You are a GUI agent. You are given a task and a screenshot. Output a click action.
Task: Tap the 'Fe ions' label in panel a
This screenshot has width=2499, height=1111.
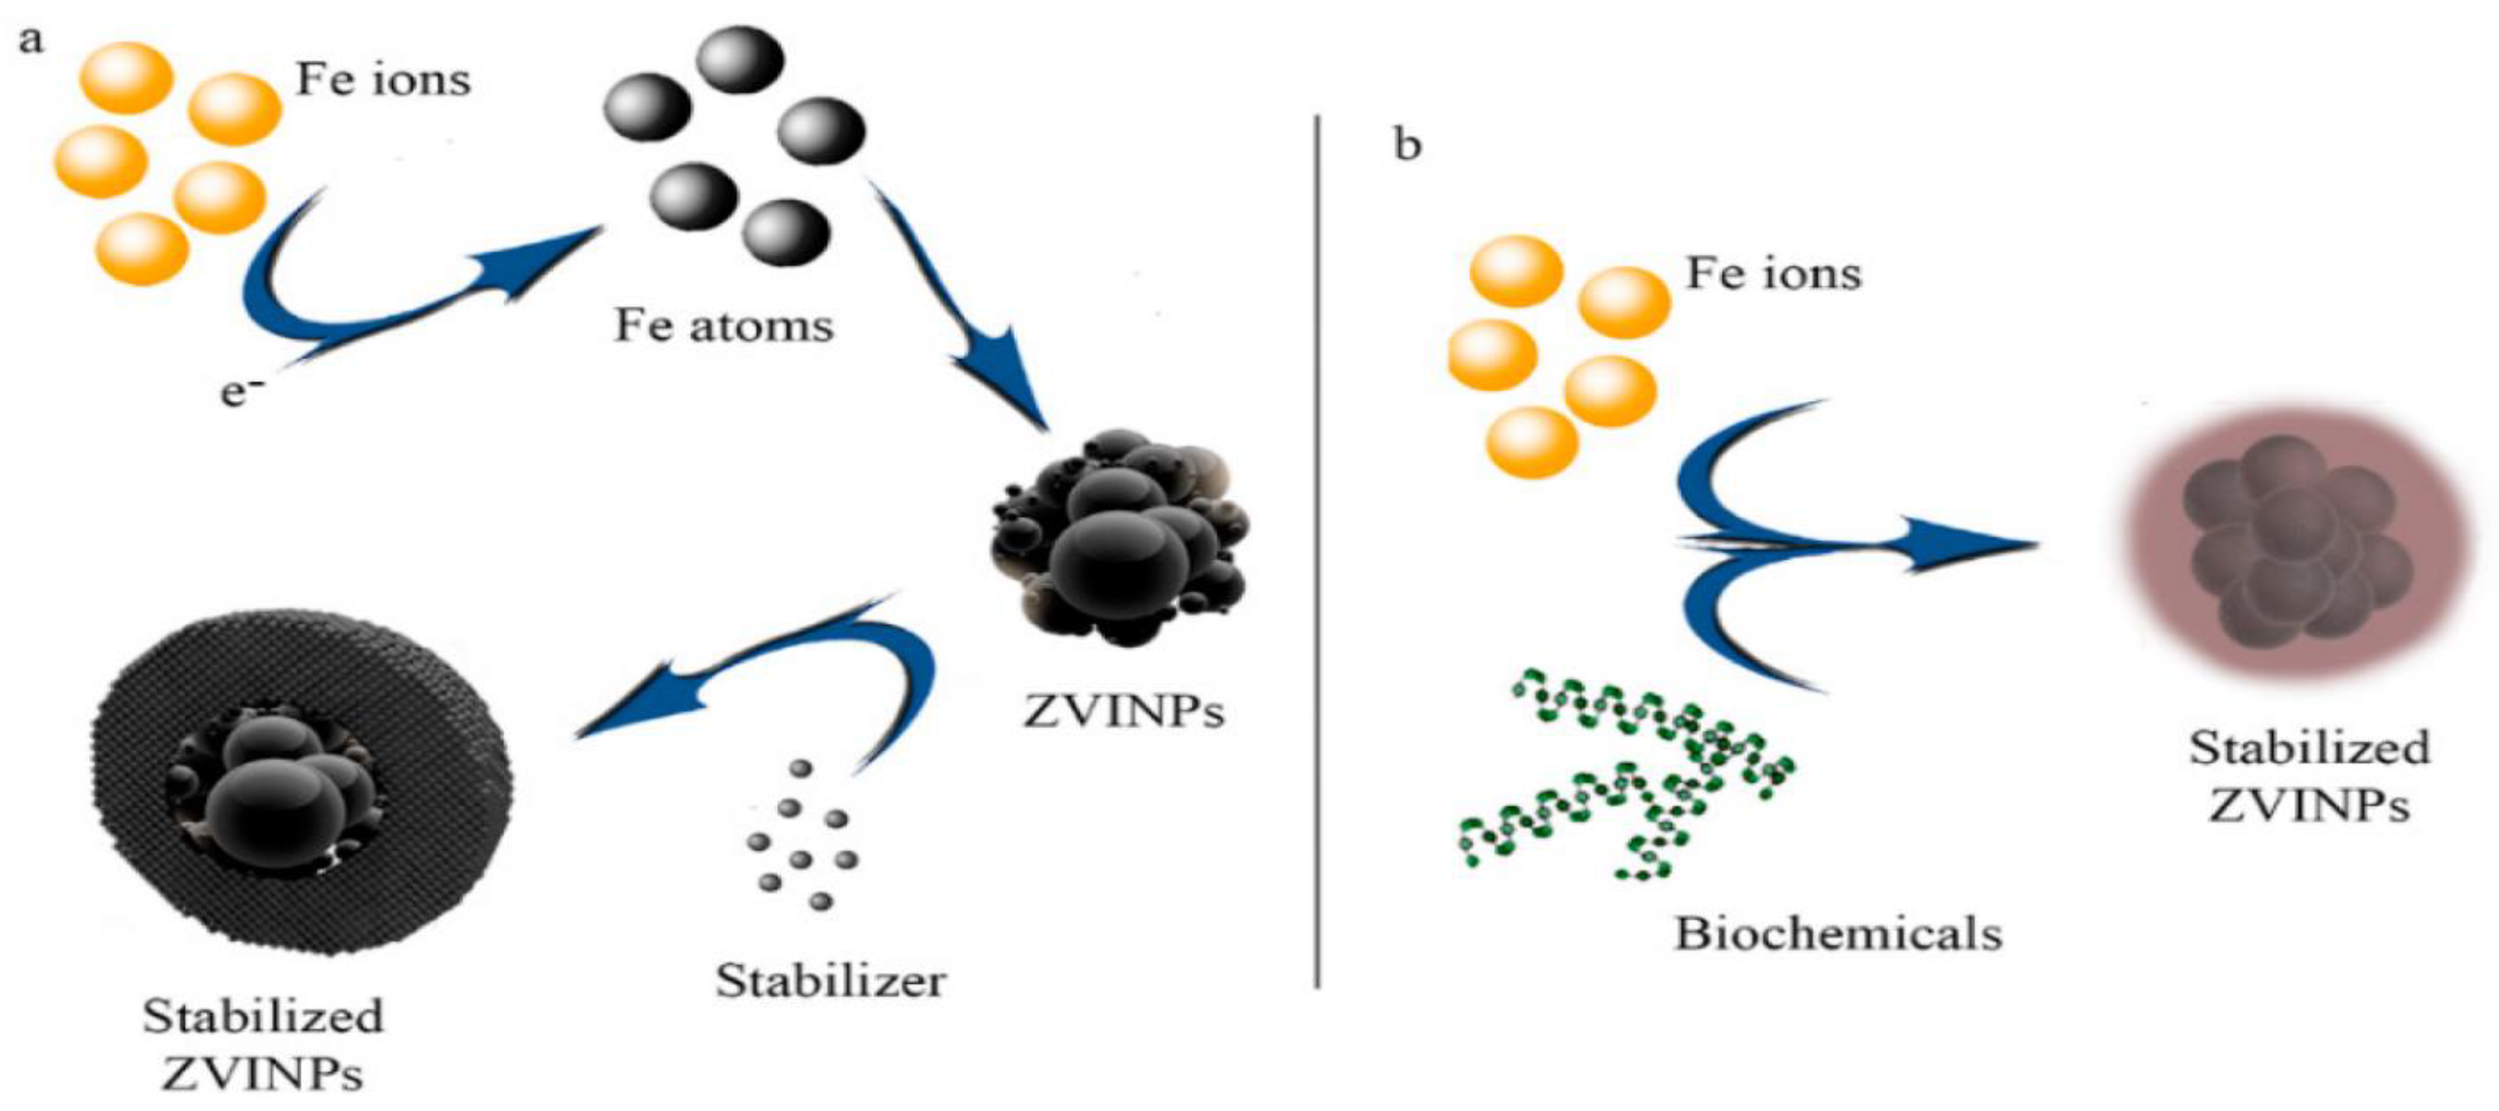(383, 80)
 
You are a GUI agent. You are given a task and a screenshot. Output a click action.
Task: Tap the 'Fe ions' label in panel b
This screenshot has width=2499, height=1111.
(1774, 273)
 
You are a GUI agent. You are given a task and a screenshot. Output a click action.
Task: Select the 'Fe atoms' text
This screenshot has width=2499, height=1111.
(723, 326)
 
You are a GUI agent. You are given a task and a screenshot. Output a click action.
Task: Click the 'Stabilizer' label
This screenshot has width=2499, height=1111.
(831, 981)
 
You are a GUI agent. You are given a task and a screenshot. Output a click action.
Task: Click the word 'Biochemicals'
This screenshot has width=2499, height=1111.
(1838, 933)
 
